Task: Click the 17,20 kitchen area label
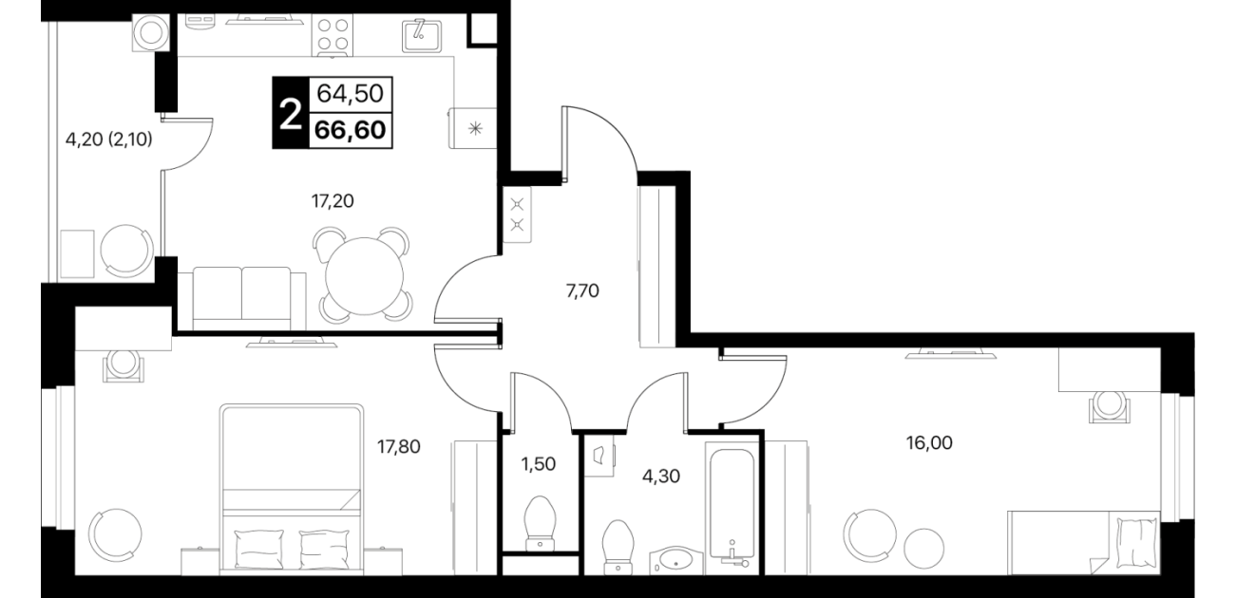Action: (x=333, y=201)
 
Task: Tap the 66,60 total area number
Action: (x=350, y=131)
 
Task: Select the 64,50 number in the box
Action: (x=350, y=94)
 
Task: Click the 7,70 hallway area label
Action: (x=582, y=290)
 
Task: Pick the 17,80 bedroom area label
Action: (x=398, y=446)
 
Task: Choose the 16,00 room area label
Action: (x=929, y=442)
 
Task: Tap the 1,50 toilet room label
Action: (x=539, y=464)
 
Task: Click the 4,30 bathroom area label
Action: (x=661, y=476)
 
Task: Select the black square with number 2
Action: (x=291, y=112)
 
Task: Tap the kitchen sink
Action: (x=422, y=35)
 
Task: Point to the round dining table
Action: (x=364, y=276)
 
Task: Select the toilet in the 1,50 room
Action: (x=540, y=523)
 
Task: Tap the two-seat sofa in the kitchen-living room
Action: (x=249, y=298)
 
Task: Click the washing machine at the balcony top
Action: (x=151, y=32)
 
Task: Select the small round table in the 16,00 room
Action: (x=923, y=549)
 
